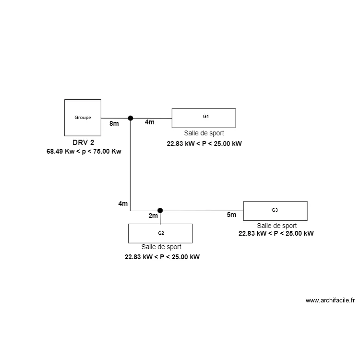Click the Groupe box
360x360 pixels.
(83, 117)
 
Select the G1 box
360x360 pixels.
(204, 118)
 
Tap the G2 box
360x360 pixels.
(160, 233)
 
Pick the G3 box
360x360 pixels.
(275, 211)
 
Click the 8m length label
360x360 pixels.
(114, 123)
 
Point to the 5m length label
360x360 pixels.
(231, 215)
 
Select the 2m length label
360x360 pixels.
(153, 216)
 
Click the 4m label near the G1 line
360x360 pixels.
(150, 122)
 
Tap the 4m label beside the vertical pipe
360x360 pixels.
(123, 204)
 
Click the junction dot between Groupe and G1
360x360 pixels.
(130, 118)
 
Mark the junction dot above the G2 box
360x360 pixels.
(160, 210)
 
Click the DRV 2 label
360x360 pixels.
(83, 143)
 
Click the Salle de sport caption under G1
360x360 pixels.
(204, 133)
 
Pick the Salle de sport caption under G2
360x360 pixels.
(161, 247)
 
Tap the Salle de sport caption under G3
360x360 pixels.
(276, 226)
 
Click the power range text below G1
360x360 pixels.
(204, 143)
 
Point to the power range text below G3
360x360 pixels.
(276, 233)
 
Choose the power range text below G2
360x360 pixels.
(162, 257)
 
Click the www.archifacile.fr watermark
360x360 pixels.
(330, 301)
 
